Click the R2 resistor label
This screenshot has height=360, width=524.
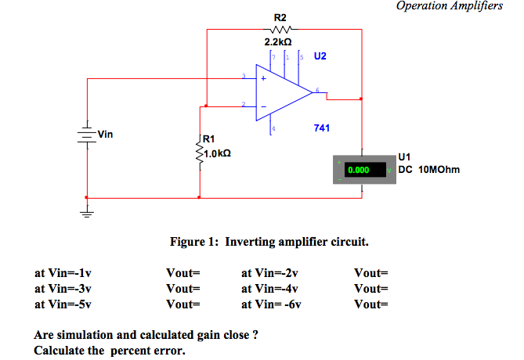pos(280,17)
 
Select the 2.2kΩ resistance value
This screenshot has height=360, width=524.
pos(280,44)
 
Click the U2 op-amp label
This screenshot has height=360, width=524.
pos(320,56)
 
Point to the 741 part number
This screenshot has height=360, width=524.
pos(321,127)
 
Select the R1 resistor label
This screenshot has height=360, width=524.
pos(210,141)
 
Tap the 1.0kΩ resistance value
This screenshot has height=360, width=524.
pos(216,153)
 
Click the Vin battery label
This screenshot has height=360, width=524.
pos(105,135)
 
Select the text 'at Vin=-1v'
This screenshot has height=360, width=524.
pos(63,273)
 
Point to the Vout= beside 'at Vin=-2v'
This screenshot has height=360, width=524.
pos(371,273)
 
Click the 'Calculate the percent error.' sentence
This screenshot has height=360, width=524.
pos(110,350)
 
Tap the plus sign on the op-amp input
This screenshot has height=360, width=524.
pos(263,78)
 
